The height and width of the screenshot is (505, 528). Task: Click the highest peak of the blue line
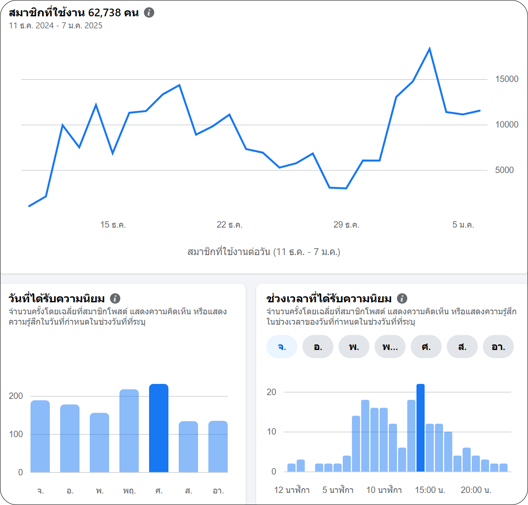(x=430, y=49)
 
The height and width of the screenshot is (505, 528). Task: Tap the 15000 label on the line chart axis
(x=507, y=79)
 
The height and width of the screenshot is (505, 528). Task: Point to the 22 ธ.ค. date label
(x=229, y=225)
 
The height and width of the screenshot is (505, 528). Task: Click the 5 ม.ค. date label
(x=463, y=225)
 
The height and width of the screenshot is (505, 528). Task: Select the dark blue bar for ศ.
(x=159, y=428)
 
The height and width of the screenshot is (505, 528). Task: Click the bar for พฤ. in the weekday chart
(x=129, y=431)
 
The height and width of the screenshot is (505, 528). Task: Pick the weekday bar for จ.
(x=40, y=436)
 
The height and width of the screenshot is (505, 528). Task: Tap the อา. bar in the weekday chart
(x=218, y=447)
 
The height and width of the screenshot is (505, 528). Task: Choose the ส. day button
(x=462, y=347)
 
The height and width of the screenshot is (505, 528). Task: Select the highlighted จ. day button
(x=282, y=347)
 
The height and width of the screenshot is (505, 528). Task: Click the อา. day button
(x=498, y=347)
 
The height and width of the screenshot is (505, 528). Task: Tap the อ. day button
(x=318, y=347)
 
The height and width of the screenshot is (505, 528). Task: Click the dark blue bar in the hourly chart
(x=420, y=428)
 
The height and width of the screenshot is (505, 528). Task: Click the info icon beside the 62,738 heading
(x=149, y=12)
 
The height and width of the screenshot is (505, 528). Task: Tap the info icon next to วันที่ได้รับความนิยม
(x=115, y=298)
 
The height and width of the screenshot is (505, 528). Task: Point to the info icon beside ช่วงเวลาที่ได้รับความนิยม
(x=402, y=298)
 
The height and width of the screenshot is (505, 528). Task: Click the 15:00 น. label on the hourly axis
(x=430, y=490)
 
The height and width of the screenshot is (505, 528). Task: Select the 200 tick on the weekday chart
(x=16, y=396)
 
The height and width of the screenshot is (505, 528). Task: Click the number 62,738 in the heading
(x=104, y=13)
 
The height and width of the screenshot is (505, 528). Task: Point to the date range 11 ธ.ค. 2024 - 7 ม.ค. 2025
(x=55, y=25)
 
